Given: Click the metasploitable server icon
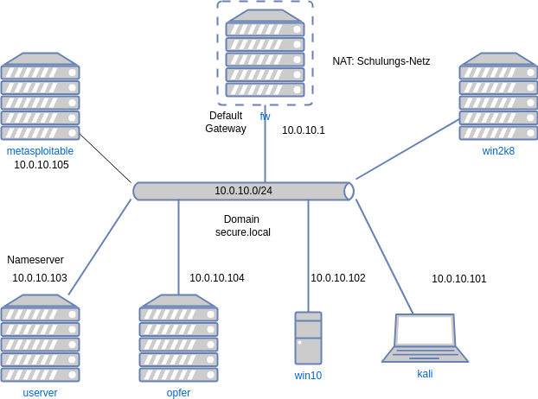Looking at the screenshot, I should click(40, 96).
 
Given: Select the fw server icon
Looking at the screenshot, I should click(265, 53).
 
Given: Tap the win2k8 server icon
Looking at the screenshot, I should click(498, 96).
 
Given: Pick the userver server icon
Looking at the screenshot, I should click(40, 338).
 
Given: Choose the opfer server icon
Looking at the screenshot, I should click(178, 338).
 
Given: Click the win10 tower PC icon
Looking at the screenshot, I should click(308, 338).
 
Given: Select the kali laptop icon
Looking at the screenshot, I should click(425, 338).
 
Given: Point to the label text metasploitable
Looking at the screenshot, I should click(40, 151).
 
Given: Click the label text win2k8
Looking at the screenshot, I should click(498, 151).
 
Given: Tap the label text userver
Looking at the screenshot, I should click(40, 393).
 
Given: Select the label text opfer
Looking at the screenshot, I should click(178, 393).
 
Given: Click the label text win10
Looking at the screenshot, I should click(308, 376).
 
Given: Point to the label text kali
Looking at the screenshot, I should click(425, 374).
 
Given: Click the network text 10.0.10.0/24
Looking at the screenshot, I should click(243, 191).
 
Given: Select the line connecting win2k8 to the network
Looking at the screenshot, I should click(407, 149).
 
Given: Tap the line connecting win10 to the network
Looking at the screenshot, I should click(308, 255).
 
